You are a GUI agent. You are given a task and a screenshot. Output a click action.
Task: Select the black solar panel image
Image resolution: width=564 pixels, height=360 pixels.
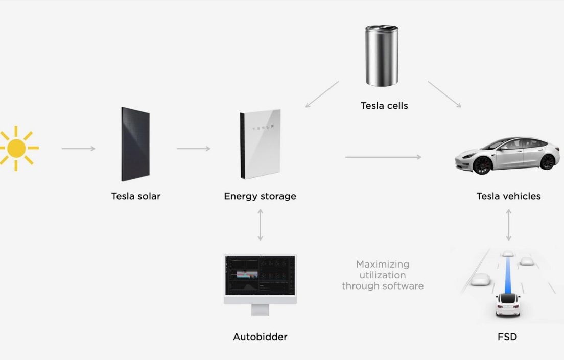[x=135, y=144]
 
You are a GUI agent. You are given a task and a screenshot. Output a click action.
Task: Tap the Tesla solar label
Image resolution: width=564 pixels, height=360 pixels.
[x=135, y=196]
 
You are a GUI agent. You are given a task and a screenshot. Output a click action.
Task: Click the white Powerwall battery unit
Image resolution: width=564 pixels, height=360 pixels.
[x=260, y=144]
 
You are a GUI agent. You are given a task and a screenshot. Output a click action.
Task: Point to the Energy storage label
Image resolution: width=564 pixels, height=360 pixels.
[x=260, y=197]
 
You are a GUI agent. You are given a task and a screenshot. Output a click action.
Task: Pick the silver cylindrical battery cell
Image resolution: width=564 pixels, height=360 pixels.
[x=382, y=56]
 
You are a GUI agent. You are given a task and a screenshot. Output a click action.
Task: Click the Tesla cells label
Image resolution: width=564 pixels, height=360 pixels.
[x=384, y=106]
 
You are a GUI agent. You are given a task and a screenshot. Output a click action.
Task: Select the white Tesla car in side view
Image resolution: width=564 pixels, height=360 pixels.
[x=507, y=155]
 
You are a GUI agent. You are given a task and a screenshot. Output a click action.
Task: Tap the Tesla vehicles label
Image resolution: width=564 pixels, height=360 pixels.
[x=509, y=196]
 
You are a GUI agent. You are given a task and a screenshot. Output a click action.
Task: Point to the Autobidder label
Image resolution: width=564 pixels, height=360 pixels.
[x=260, y=337]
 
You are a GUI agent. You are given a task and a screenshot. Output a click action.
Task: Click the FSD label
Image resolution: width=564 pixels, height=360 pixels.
[x=507, y=337]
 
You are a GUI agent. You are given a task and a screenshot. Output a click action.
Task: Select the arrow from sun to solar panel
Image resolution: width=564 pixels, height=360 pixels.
[x=78, y=149]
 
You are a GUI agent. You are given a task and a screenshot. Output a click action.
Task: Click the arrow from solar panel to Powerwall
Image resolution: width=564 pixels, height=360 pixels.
[x=194, y=149]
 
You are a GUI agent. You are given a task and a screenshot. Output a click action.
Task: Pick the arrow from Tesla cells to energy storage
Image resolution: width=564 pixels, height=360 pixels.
[x=322, y=94]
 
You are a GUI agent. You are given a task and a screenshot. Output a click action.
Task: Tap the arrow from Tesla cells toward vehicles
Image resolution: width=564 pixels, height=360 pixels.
[x=444, y=94]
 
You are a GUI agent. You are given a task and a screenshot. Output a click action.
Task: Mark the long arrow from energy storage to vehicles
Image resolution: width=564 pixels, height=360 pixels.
[x=384, y=157]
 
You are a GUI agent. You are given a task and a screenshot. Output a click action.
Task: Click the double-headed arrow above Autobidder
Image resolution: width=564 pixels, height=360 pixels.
[x=260, y=225]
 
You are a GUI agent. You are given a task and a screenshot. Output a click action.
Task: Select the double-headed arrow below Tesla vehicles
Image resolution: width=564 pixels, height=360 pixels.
[x=509, y=225]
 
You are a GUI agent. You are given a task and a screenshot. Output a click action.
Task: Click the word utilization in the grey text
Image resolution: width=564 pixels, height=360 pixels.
[x=383, y=275]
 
